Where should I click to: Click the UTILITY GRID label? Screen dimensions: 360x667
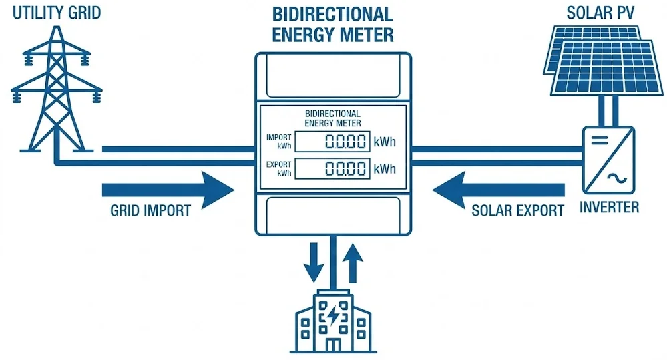[57, 12]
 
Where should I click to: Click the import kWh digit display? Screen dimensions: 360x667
[332, 142]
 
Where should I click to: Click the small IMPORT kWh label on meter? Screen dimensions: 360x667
[279, 141]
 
